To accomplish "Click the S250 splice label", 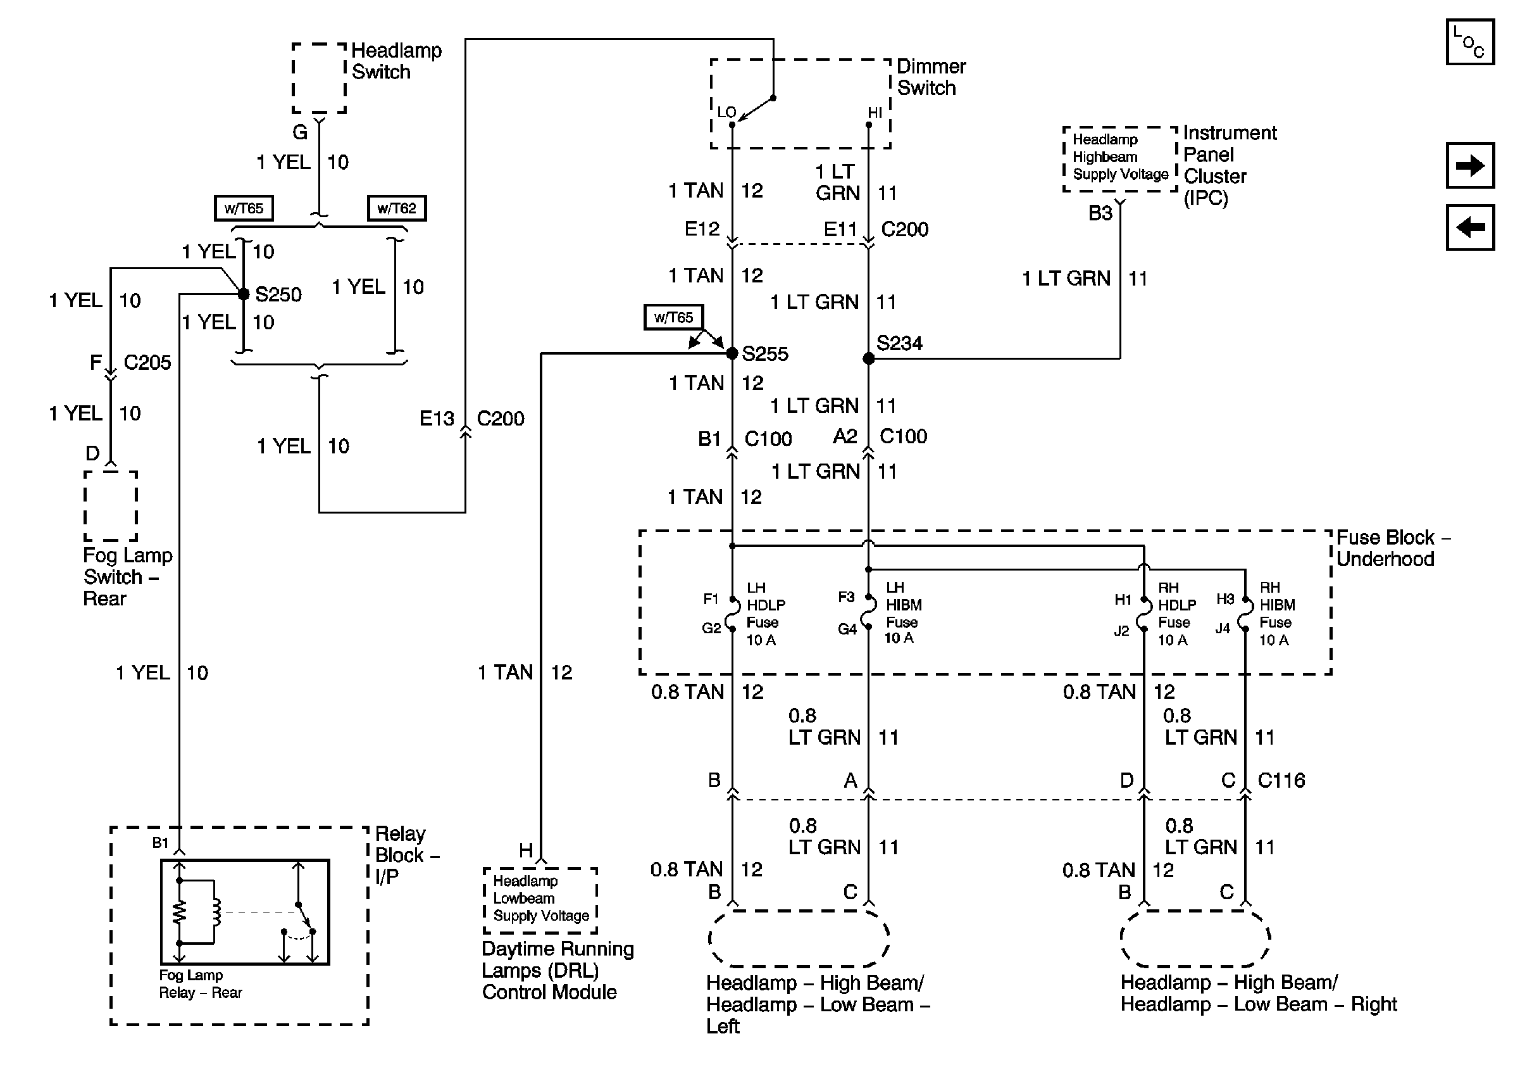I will pyautogui.click(x=278, y=294).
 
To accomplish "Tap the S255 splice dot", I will pyautogui.click(x=732, y=353).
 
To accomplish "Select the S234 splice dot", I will pyautogui.click(x=869, y=358).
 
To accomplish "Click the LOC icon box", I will pyautogui.click(x=1469, y=42).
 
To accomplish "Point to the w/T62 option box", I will pyautogui.click(x=397, y=208).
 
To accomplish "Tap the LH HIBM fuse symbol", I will pyautogui.click(x=869, y=612).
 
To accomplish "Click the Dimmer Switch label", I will pyautogui.click(x=930, y=77).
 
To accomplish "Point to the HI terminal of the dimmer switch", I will pyautogui.click(x=869, y=124).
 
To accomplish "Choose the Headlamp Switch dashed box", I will pyautogui.click(x=319, y=78).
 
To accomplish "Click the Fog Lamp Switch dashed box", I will pyautogui.click(x=111, y=506).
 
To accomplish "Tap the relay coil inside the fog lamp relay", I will pyautogui.click(x=215, y=912).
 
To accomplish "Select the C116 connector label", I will pyautogui.click(x=1281, y=780).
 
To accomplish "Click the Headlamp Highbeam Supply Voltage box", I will pyautogui.click(x=1120, y=158).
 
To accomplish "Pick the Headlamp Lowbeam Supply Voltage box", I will pyautogui.click(x=540, y=899).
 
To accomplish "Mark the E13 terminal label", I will pyautogui.click(x=437, y=419).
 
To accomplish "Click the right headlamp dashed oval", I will pyautogui.click(x=1195, y=938).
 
